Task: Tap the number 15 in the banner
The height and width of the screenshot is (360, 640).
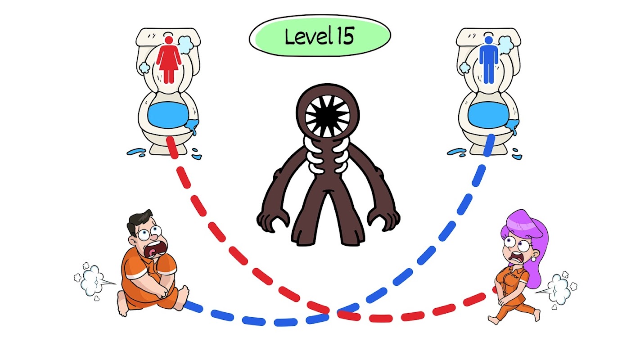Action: (346, 36)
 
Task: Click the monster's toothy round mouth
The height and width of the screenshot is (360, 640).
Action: (328, 115)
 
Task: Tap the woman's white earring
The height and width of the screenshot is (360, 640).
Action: (533, 259)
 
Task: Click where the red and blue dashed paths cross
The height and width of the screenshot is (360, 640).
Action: (331, 311)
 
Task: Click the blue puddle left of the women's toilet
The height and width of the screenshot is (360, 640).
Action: (136, 152)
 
